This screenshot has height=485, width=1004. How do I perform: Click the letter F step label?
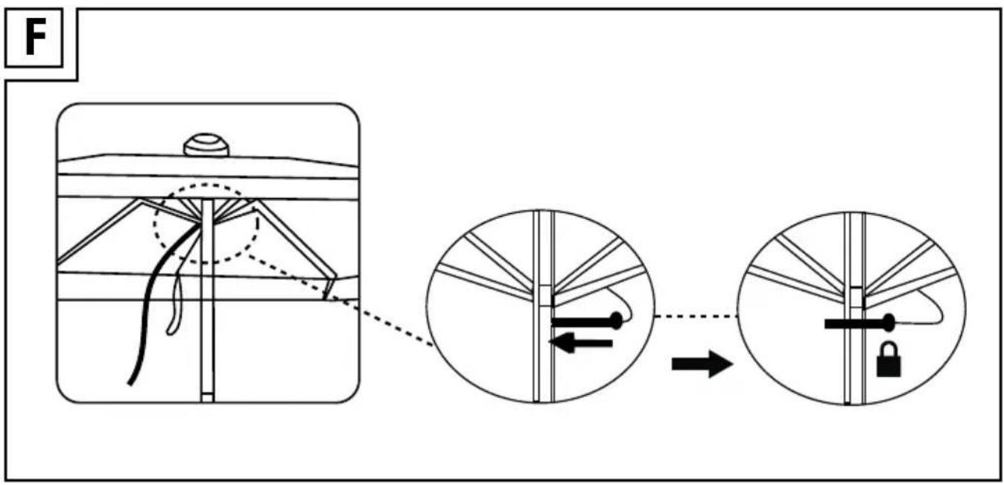pos(36,38)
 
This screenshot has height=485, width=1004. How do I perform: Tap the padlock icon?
pos(889,360)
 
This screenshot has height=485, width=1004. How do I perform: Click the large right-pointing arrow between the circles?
pos(702,364)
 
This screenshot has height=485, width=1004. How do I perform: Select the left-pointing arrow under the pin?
pos(581,343)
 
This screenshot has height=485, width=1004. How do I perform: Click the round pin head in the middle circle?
pos(616,321)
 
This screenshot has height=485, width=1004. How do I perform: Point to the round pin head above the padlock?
pos(889,323)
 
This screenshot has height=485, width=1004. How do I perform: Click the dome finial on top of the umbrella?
pos(206,145)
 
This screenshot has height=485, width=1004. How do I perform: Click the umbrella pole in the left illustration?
pos(207,300)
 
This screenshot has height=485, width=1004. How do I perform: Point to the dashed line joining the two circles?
pos(696,317)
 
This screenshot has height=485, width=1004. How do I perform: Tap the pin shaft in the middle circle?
pos(582,322)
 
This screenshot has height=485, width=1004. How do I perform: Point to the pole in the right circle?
pos(855,309)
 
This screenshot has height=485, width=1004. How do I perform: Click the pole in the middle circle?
pos(544,307)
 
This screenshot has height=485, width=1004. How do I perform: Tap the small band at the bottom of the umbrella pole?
pos(207,398)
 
